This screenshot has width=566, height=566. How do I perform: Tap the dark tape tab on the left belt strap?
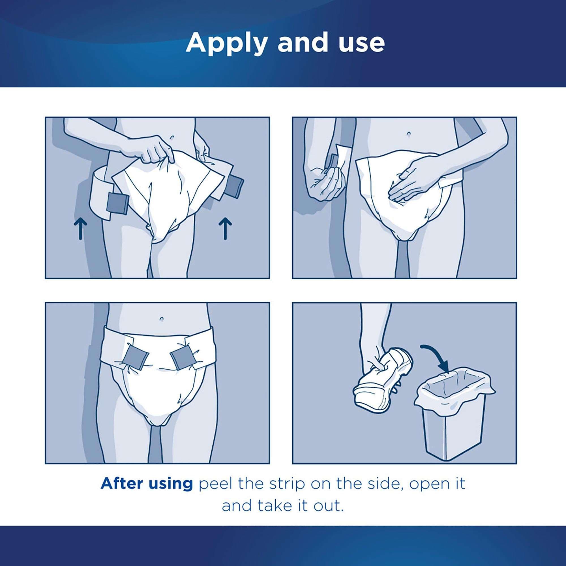[x=117, y=203]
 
